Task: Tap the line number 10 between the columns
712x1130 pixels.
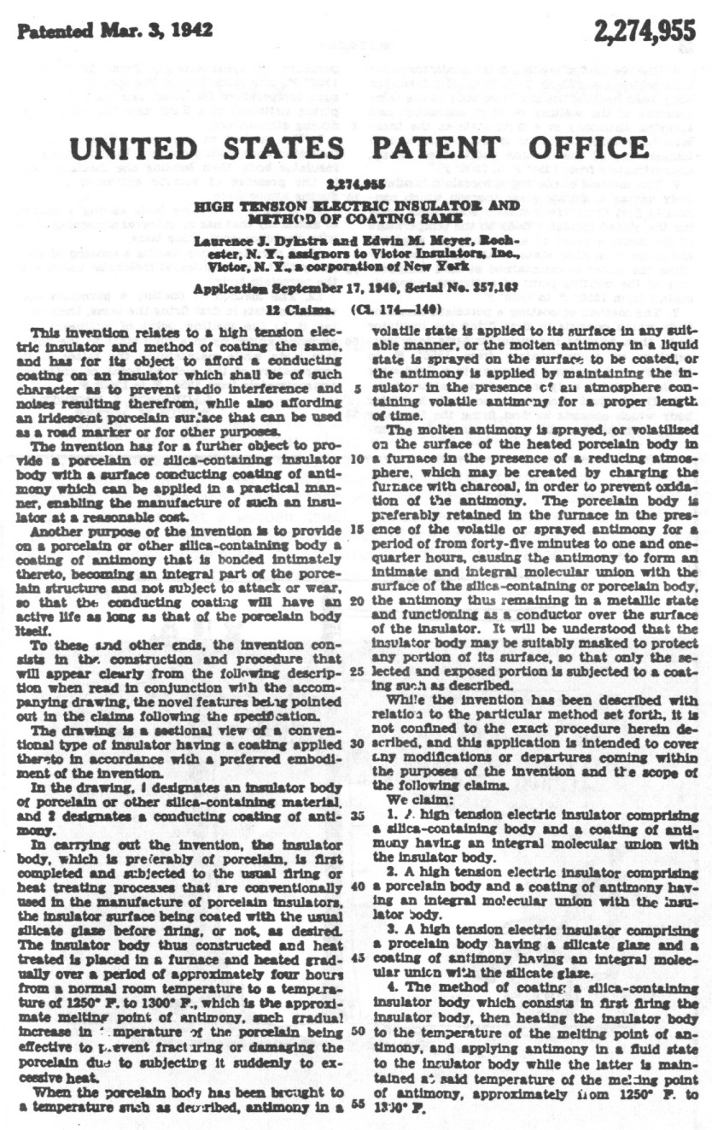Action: pos(357,460)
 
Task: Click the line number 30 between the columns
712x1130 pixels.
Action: pos(357,743)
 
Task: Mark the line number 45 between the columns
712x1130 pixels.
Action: pos(357,957)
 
